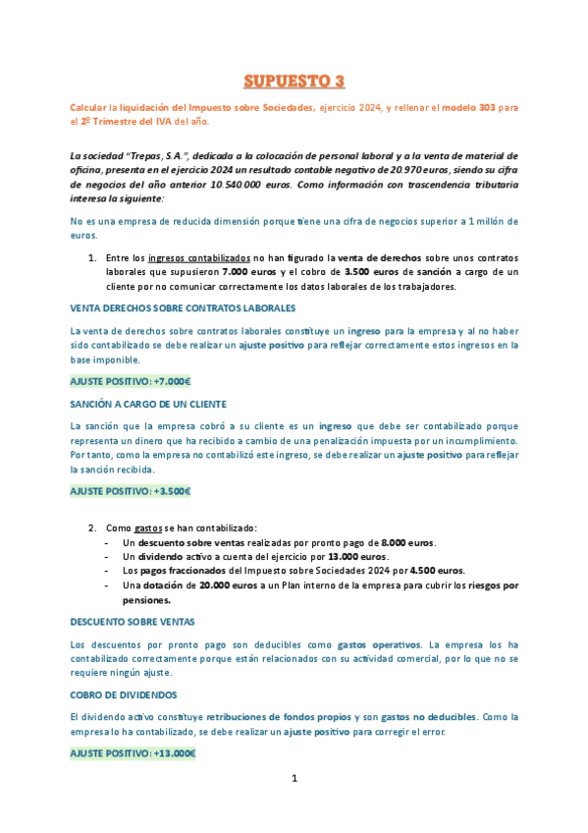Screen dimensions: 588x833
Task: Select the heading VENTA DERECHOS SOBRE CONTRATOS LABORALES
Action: [x=183, y=308]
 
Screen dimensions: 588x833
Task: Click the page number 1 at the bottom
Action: [x=294, y=779]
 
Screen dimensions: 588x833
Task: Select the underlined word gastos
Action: [x=148, y=528]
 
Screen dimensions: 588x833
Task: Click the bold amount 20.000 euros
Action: [x=219, y=585]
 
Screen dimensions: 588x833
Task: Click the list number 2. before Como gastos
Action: [x=93, y=528]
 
